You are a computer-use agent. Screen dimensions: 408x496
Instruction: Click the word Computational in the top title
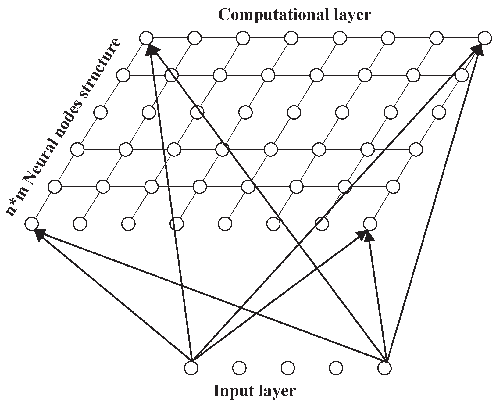click(271, 15)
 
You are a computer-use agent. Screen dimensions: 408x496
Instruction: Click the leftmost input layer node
click(191, 368)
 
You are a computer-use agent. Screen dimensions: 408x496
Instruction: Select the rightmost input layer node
click(384, 368)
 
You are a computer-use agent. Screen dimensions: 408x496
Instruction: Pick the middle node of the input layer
click(287, 368)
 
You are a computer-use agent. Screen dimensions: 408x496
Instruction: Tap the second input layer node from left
click(239, 368)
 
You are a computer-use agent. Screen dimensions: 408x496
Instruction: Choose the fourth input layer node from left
click(336, 368)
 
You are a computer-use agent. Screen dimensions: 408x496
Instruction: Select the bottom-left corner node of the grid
click(31, 224)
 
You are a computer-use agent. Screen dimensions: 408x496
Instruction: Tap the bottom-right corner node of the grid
click(370, 224)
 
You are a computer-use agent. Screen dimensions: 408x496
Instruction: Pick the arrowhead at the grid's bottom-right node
click(365, 235)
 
